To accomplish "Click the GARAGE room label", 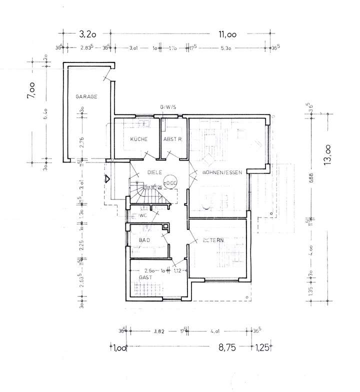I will click(86, 96).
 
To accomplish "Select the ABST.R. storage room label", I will click(171, 139).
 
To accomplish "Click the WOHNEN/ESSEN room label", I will click(222, 172).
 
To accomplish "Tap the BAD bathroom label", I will click(145, 240).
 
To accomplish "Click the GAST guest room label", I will click(146, 276).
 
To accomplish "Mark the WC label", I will click(142, 216).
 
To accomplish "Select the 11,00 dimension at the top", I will click(227, 34).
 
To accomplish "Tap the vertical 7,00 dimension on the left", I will click(32, 89).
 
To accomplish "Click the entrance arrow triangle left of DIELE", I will click(107, 177).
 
